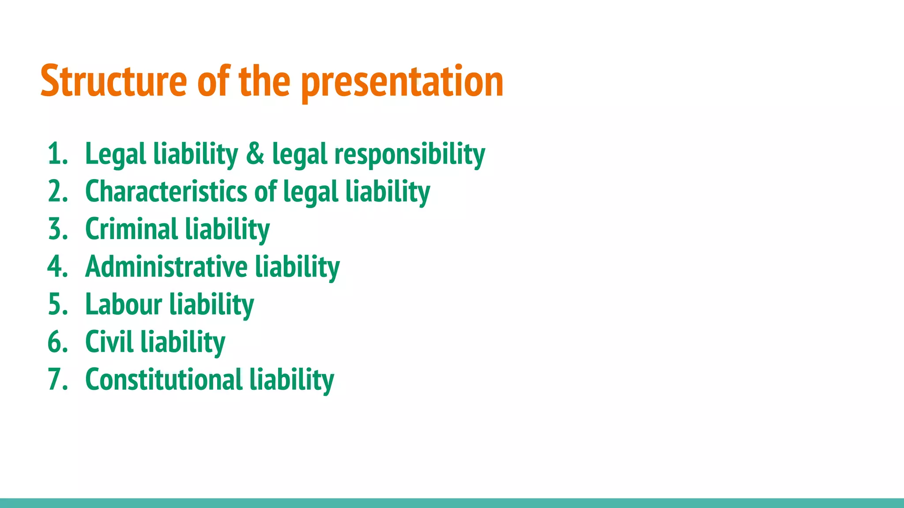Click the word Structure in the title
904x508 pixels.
(x=113, y=81)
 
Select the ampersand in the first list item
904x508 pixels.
(x=255, y=153)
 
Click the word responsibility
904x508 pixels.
(x=409, y=154)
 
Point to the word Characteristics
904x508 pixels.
(x=166, y=192)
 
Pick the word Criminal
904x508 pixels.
(x=131, y=229)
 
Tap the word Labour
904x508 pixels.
(x=124, y=304)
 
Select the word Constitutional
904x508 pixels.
(x=164, y=379)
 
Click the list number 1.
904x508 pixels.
(x=56, y=154)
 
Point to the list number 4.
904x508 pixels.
(x=56, y=267)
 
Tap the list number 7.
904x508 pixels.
(x=56, y=379)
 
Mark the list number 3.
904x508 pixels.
(x=56, y=229)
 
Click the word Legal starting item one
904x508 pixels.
(x=115, y=154)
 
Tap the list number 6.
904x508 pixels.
(x=56, y=342)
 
